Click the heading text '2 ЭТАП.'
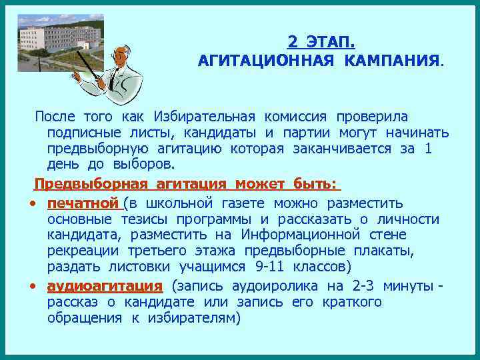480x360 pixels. [x=321, y=42]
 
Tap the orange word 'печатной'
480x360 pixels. [x=83, y=203]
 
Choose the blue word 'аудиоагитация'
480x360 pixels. [x=105, y=287]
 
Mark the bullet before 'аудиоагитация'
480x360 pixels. [x=33, y=287]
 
